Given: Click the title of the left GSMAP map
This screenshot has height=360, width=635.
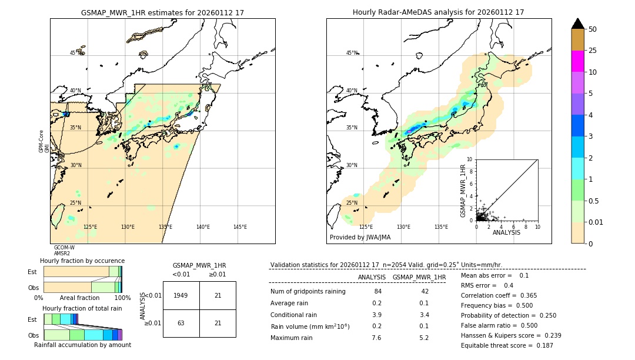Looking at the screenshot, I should pos(162,12).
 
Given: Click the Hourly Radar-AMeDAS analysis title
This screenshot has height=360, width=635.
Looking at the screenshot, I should pos(438,12).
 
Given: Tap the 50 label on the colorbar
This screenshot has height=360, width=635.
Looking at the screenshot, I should pos(593,29).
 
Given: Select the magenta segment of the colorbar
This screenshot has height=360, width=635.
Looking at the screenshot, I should pos(577,61).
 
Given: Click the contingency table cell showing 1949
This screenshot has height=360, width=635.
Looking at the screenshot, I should pos(181,295).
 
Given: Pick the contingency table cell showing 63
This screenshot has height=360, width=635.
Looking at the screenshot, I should pos(181,323).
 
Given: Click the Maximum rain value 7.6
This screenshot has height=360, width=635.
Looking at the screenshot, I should pos(376,338).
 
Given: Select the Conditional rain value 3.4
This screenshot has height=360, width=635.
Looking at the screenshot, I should pos(423,315).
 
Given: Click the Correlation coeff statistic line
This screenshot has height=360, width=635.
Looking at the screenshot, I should pos(499,295).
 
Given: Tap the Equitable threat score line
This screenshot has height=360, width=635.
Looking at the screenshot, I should pos(507,345).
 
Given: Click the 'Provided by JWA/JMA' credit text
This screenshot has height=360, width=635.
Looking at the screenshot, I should pos(360,237).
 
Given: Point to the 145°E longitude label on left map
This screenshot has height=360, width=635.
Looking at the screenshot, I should pos(240,227).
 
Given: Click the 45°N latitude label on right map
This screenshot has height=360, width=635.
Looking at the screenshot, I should pos(351,53).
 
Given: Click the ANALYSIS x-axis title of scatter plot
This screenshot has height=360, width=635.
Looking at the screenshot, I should pos(506,232).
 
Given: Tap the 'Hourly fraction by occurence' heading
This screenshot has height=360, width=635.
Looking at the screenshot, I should pos(82,261).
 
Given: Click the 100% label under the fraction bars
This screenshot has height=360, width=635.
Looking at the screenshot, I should pos(122,298).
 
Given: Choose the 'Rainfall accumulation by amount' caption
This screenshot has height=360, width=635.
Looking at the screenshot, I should pos(82,345).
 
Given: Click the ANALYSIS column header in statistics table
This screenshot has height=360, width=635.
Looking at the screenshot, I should pos(372,277).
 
